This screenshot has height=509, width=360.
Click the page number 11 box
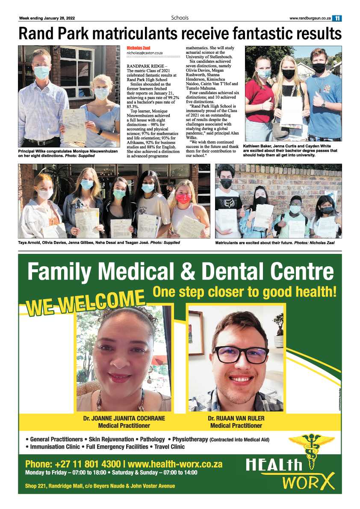(337, 18)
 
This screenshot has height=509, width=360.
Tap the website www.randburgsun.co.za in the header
(310, 18)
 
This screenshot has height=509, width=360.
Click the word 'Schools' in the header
(180, 18)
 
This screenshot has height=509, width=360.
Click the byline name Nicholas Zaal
(138, 48)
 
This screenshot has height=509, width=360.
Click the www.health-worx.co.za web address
(175, 464)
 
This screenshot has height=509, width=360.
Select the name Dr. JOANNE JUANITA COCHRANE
(124, 418)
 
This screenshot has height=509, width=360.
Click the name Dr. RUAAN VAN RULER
(236, 418)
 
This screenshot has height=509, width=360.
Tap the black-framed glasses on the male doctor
(241, 355)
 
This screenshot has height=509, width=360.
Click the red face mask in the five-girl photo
(183, 199)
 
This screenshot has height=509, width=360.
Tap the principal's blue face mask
(41, 72)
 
